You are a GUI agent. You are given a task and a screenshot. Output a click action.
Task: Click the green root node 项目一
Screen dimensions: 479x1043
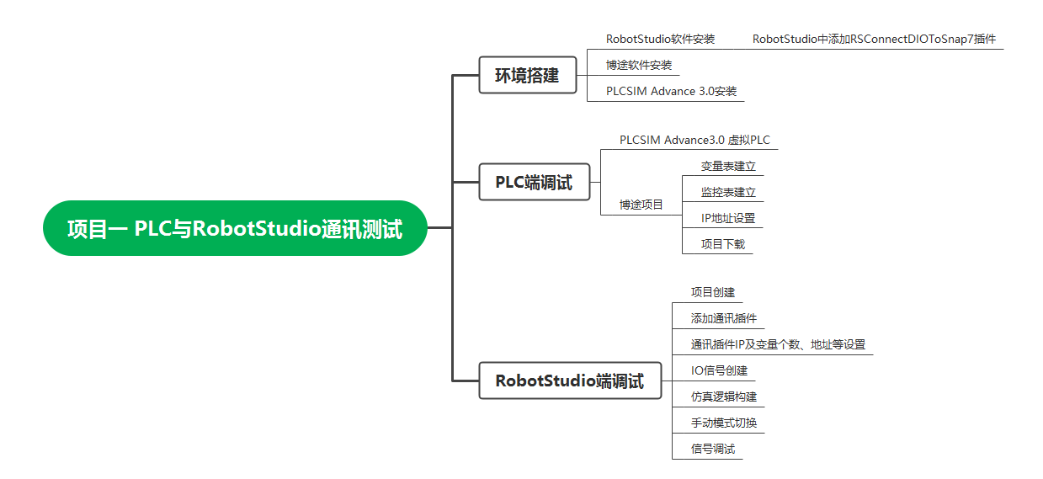235,228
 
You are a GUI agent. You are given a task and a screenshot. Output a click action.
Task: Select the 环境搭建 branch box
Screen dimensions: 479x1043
528,75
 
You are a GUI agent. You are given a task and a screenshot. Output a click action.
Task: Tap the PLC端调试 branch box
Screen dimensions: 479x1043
534,182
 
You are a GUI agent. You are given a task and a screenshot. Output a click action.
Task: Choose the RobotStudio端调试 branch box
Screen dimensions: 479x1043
570,381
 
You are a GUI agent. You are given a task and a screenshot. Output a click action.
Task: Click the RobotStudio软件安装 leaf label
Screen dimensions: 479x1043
660,39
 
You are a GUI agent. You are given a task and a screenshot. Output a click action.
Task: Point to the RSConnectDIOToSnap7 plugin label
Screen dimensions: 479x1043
874,39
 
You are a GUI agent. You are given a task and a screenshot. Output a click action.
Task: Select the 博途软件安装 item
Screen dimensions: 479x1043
639,65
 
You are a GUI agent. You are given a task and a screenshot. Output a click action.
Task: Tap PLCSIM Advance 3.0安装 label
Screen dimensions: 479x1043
671,91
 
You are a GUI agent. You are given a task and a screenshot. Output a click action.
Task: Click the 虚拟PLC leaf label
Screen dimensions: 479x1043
694,140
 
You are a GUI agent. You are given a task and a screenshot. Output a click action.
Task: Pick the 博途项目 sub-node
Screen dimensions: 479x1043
641,205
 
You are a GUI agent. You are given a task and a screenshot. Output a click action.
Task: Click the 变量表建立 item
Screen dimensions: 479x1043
728,166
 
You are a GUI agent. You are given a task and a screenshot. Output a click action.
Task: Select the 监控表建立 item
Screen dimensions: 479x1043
728,192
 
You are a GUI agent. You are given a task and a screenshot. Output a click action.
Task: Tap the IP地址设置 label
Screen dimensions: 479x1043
728,218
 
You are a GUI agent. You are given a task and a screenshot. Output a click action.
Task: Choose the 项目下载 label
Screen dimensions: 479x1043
722,244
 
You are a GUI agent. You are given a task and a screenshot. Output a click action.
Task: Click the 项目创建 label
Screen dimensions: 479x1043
712,292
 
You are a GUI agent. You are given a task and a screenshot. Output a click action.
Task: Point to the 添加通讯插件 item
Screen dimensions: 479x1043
723,318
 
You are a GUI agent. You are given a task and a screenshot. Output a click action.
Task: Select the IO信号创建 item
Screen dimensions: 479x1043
719,370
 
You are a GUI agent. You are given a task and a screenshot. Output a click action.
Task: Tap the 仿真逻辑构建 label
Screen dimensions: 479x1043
723,397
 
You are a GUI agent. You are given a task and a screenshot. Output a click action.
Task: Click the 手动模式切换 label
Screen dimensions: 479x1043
723,423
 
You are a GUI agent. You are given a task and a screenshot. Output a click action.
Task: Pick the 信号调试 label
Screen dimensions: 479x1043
712,449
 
